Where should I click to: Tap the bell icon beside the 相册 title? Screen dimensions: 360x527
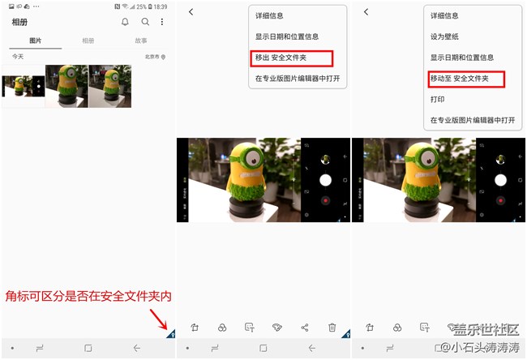[x=125, y=22]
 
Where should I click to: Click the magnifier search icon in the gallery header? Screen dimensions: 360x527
[x=145, y=22]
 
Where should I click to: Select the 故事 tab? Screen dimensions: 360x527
[x=141, y=41]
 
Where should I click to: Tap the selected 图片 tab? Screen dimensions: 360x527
[x=36, y=41]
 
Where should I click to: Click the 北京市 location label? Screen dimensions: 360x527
[x=155, y=57]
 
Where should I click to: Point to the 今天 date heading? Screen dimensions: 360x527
[x=18, y=57]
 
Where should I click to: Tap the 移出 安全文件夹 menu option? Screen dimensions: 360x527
[x=291, y=58]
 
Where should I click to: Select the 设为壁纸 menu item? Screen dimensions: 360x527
[x=444, y=36]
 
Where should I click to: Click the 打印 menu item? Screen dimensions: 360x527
[x=438, y=100]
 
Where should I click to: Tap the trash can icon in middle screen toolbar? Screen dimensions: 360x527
[x=332, y=328]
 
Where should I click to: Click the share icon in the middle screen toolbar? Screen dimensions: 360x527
[x=305, y=328]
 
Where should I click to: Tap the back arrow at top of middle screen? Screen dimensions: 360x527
[x=191, y=12]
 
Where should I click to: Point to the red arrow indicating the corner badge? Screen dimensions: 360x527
[x=159, y=315]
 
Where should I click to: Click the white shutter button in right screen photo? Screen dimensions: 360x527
[x=500, y=180]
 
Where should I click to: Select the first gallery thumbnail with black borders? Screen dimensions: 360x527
[x=23, y=85]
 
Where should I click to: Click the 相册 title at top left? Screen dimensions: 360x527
[x=20, y=22]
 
